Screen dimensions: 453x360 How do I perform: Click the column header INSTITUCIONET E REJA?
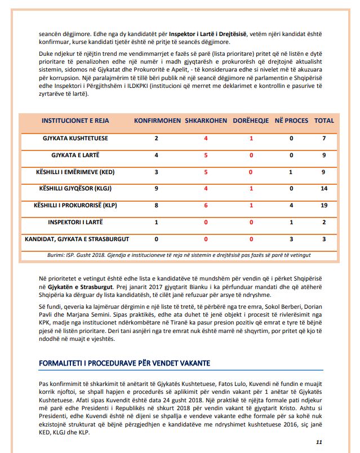point(76,121)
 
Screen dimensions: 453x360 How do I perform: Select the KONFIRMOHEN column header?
point(157,121)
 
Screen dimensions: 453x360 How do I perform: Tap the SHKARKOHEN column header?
point(206,121)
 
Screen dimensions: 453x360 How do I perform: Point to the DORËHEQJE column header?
point(251,121)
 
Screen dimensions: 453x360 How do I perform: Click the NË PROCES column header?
point(291,121)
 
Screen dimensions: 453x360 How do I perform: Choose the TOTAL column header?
point(324,121)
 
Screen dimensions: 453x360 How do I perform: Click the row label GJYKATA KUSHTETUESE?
point(76,138)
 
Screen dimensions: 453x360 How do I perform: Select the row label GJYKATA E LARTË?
point(76,155)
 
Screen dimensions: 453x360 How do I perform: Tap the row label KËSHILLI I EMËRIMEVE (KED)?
point(76,172)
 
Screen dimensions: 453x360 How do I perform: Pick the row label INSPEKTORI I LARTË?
point(76,222)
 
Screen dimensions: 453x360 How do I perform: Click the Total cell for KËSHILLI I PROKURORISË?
point(324,206)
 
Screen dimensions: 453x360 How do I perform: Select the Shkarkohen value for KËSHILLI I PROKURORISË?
point(206,206)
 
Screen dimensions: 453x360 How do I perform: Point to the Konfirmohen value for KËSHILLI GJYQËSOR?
point(157,189)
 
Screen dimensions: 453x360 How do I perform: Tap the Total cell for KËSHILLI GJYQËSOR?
point(324,189)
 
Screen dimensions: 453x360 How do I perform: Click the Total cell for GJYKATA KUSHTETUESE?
point(325,138)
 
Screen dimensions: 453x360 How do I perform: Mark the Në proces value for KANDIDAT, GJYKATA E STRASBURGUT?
point(291,239)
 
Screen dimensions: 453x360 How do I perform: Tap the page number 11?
point(319,442)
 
